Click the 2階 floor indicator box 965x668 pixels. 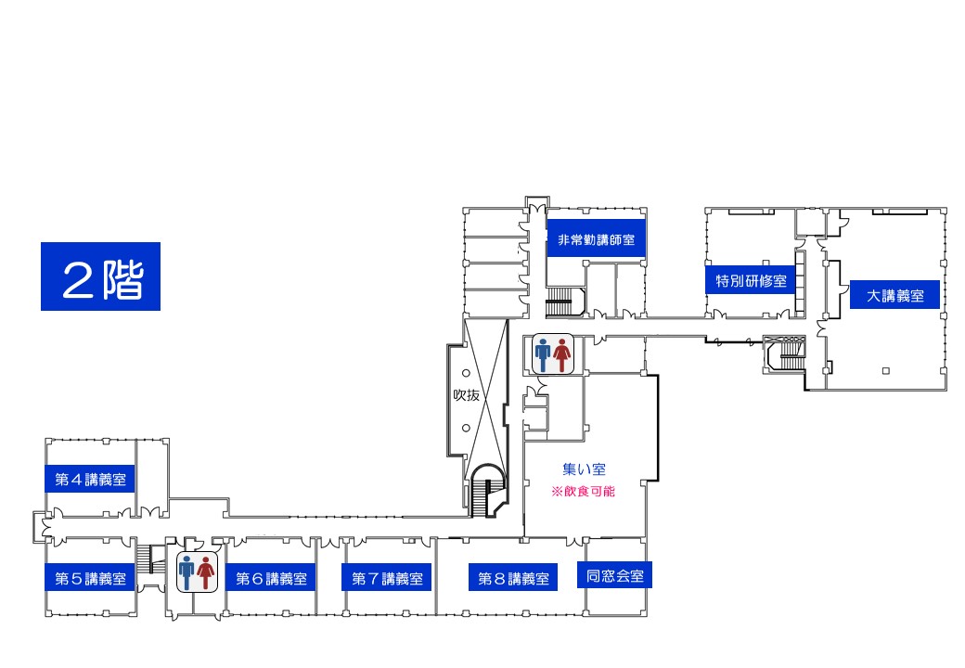(x=100, y=276)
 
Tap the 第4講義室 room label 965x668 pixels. (x=90, y=479)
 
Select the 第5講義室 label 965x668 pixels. (x=90, y=578)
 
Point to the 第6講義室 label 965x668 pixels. (x=271, y=578)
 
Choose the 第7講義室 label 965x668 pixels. (x=387, y=578)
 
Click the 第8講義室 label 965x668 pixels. (x=513, y=578)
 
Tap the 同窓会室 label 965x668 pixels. (x=614, y=575)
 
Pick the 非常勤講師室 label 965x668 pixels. (x=596, y=239)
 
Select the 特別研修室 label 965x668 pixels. (x=751, y=280)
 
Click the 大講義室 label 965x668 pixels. (x=894, y=295)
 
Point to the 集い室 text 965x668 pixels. (x=584, y=469)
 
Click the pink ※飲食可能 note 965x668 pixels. (x=583, y=492)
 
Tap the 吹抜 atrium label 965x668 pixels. (x=466, y=395)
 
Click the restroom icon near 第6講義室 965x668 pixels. (x=197, y=572)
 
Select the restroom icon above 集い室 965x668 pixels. (x=552, y=353)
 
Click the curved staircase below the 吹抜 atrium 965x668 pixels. (x=487, y=490)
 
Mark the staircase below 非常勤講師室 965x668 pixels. (x=560, y=302)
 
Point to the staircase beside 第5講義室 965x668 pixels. (x=144, y=559)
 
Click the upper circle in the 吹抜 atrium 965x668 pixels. (x=466, y=373)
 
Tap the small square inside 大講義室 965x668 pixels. (x=885, y=370)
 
